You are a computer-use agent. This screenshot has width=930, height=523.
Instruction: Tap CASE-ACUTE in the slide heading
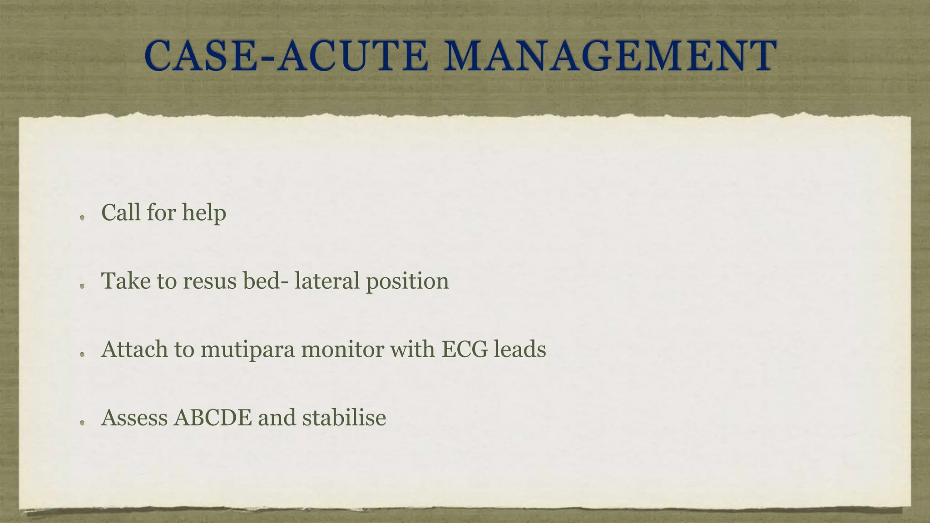coord(286,56)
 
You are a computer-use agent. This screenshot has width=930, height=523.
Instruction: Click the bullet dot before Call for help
coord(82,218)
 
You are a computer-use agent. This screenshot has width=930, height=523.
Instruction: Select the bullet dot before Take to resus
coord(82,286)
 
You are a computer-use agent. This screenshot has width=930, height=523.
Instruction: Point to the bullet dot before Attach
coord(82,355)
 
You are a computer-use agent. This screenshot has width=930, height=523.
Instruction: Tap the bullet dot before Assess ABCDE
coord(82,423)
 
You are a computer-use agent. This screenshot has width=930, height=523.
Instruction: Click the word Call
coord(121,212)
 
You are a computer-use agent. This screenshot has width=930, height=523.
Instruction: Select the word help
coord(204,212)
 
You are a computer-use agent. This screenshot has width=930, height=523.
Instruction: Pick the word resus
coord(210,281)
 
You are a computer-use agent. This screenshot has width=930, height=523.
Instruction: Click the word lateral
coord(326,281)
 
